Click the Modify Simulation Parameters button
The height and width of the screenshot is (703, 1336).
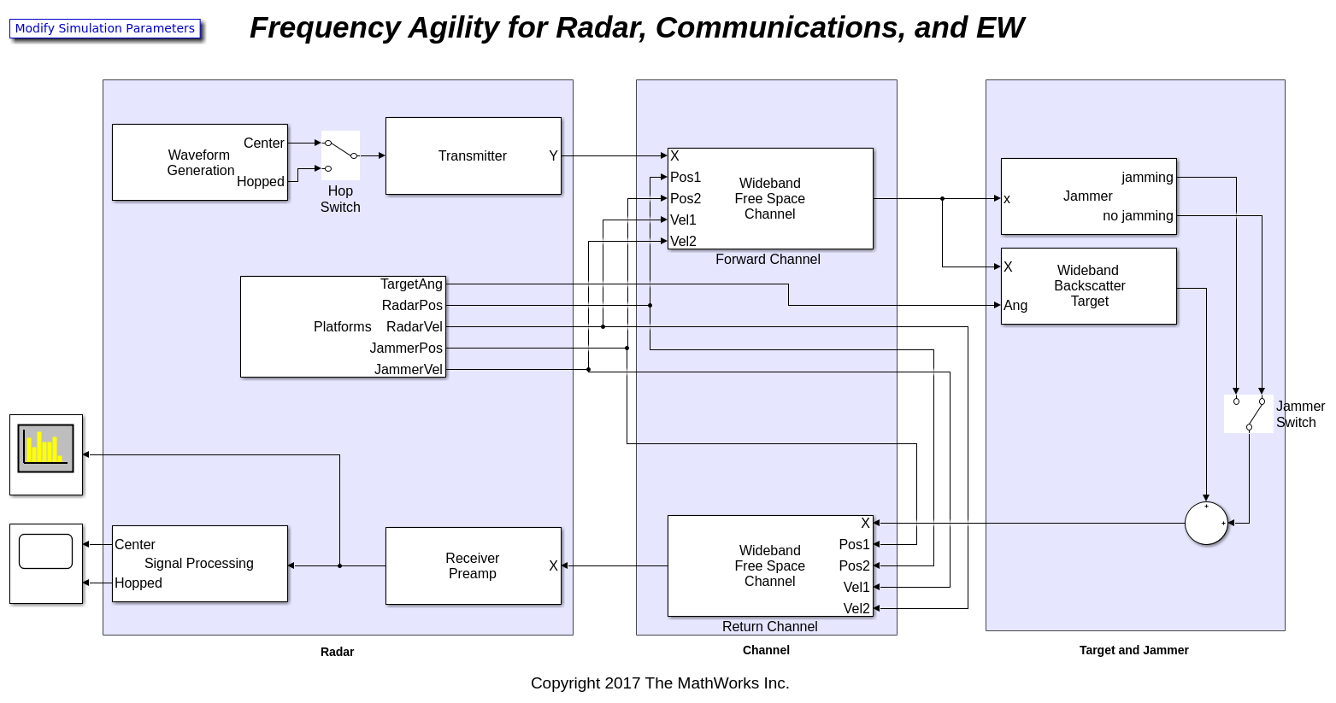tap(104, 28)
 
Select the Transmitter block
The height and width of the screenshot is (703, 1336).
tap(473, 155)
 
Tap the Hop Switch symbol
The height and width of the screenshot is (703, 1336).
tap(340, 155)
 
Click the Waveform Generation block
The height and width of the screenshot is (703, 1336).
tap(199, 162)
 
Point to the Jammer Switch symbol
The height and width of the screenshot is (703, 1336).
tap(1248, 413)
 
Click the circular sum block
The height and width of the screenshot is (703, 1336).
tap(1205, 523)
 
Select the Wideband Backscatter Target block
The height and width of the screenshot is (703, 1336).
tap(1088, 286)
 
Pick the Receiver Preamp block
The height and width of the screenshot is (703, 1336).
tap(473, 565)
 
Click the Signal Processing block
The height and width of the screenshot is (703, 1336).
tap(199, 564)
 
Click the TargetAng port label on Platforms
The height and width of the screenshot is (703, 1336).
tap(411, 284)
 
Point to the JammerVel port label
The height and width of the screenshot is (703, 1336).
tap(408, 369)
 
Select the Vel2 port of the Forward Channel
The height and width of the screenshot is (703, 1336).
tap(683, 241)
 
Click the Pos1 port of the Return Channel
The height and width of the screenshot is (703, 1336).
tap(854, 544)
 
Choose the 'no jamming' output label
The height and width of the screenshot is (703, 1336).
tap(1137, 215)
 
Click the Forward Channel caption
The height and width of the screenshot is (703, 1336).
tap(768, 259)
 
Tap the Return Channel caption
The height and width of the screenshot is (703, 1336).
tap(769, 626)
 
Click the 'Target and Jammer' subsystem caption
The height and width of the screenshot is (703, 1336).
tap(1133, 650)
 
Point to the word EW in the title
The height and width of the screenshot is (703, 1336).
tap(999, 27)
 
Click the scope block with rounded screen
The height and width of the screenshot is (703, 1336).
tap(46, 552)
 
